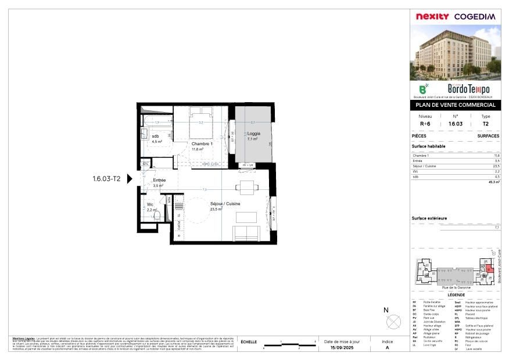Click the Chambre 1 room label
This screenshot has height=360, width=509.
pos(202,144)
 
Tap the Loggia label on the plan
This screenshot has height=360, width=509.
pos(253,134)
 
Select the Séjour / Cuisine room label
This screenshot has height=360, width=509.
pos(225,204)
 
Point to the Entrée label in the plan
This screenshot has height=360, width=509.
pos(160,181)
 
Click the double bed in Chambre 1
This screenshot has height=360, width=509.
pos(201,120)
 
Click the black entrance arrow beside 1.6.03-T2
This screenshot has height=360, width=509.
pos(130,179)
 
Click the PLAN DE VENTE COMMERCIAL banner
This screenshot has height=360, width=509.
pos(454,105)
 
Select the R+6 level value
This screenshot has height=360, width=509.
pos(425,124)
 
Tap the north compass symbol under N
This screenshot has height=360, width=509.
pos(393,321)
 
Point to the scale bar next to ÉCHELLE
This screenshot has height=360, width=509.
pos(289,346)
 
